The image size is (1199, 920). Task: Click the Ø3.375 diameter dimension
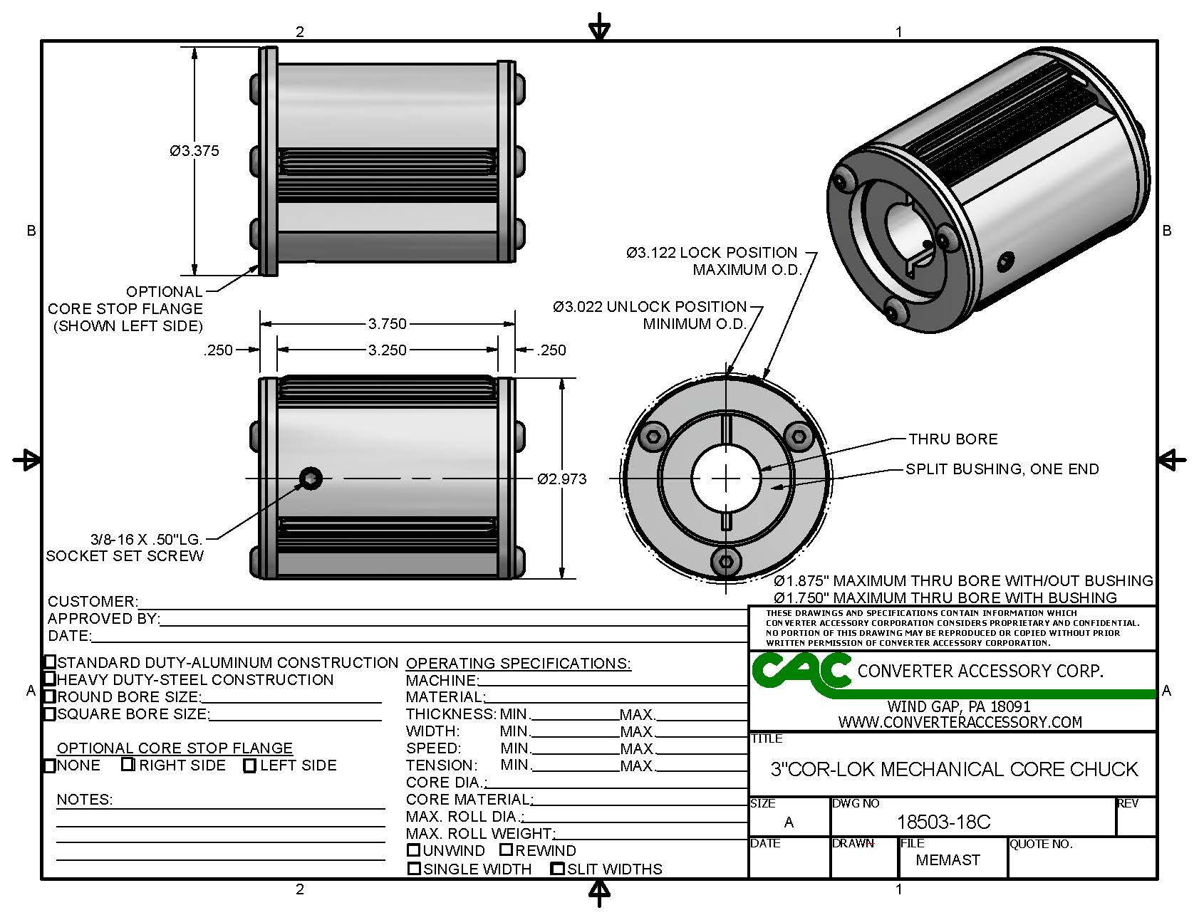(x=194, y=151)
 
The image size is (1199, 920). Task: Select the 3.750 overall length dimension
(x=387, y=324)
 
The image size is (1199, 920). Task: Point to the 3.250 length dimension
(x=387, y=350)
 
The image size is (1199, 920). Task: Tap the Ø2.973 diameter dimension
(x=562, y=479)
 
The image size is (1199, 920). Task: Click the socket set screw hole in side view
(x=311, y=479)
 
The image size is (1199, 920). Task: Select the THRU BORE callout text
(x=953, y=439)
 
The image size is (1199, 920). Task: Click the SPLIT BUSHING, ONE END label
(x=1002, y=469)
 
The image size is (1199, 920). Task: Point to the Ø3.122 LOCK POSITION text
(x=712, y=253)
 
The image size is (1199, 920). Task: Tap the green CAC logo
(x=801, y=671)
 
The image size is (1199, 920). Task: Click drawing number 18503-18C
(x=943, y=822)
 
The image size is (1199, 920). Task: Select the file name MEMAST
(x=948, y=860)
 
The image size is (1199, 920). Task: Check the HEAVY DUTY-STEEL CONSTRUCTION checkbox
(x=50, y=679)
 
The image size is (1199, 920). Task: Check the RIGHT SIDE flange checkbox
(x=128, y=765)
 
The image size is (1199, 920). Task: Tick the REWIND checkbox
(x=506, y=850)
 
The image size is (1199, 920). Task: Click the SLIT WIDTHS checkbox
(x=558, y=869)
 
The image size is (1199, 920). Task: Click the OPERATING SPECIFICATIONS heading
(x=518, y=664)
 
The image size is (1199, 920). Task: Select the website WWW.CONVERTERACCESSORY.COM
(x=960, y=722)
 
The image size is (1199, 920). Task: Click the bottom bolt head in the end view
(x=725, y=562)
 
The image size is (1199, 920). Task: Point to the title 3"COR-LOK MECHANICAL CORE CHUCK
(x=954, y=770)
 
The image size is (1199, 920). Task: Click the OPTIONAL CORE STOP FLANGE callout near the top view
(x=125, y=309)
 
